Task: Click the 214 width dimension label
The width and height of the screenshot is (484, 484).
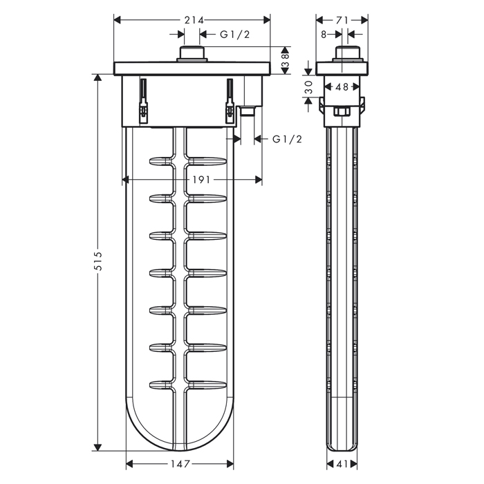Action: coord(194,20)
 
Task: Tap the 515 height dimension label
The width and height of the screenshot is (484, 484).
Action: coord(98,261)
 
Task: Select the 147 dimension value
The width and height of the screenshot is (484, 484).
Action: coord(180,464)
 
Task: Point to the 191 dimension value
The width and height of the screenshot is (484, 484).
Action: coord(201,180)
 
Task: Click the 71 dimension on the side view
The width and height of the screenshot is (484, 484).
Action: coord(342,20)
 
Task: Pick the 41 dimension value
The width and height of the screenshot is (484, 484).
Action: coord(342,464)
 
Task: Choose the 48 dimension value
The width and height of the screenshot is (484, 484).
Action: coord(342,87)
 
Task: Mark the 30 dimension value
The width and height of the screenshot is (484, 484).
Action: coord(308,87)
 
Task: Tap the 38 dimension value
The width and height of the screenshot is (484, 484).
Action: coord(285,61)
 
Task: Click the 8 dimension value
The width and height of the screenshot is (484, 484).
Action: coord(324,35)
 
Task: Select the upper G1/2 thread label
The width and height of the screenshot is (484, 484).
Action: coord(234,35)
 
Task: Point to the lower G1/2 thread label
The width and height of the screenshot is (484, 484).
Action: coord(287,140)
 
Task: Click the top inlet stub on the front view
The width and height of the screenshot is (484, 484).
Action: coord(192,54)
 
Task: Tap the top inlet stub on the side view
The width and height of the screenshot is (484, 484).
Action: coord(348,54)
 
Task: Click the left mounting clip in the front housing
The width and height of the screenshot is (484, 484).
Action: coord(144,101)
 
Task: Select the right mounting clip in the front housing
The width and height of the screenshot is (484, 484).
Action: coord(230,101)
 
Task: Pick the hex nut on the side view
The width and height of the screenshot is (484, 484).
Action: coord(342,111)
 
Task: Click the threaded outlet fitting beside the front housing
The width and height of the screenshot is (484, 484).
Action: coord(248,111)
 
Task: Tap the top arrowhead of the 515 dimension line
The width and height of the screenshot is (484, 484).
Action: coord(98,77)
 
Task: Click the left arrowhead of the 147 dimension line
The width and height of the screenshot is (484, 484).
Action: coord(130,464)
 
